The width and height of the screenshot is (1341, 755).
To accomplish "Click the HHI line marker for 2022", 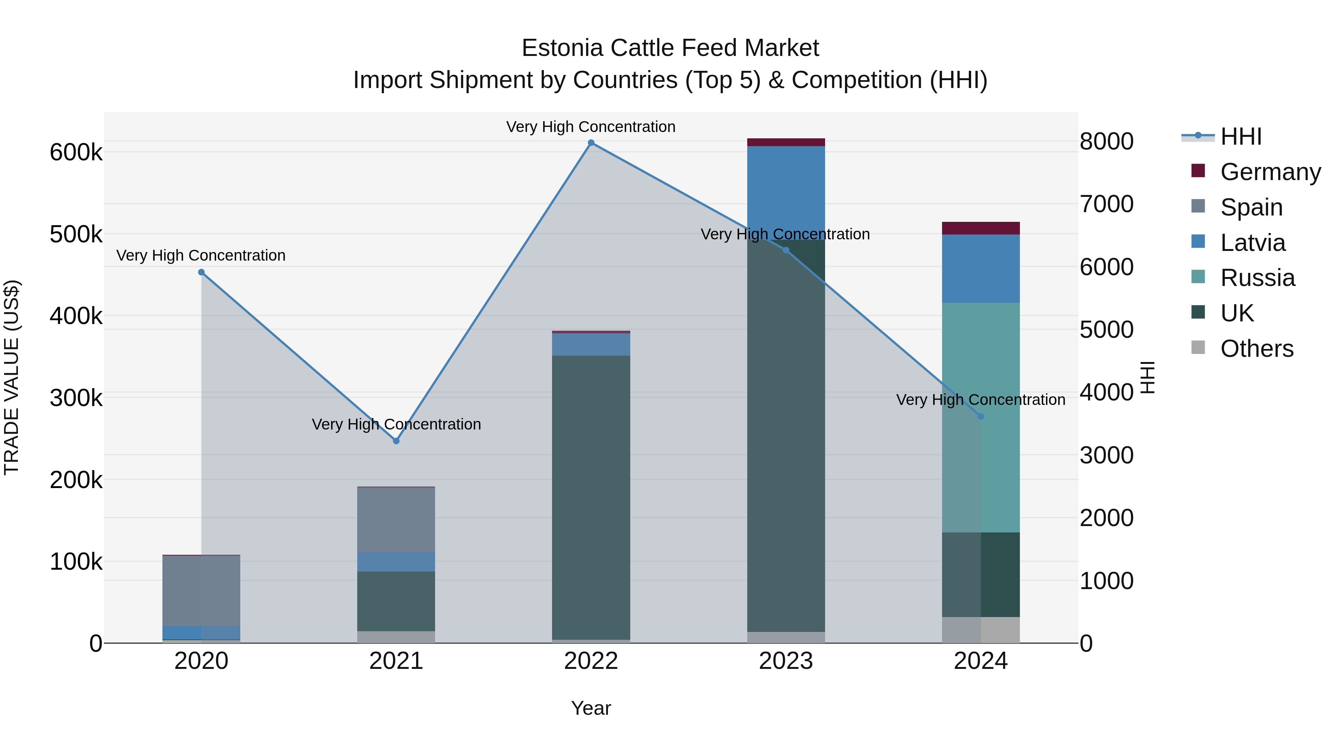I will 591,143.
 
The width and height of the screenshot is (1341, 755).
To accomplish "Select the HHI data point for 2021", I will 396,441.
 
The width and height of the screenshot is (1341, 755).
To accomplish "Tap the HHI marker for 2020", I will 202,272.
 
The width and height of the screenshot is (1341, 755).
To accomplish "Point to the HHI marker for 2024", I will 981,416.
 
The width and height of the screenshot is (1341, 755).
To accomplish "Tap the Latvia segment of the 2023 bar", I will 786,188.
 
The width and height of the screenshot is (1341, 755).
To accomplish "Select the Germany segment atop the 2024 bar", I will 981,228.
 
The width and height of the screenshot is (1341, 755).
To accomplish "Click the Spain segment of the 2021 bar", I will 396,519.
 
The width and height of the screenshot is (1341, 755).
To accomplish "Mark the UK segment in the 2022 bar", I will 591,495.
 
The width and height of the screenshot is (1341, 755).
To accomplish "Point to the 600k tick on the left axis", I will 76,152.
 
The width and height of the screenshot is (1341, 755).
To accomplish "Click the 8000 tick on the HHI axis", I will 1106,141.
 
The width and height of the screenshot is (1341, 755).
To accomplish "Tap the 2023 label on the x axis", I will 786,661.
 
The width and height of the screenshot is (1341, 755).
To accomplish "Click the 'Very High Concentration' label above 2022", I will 591,127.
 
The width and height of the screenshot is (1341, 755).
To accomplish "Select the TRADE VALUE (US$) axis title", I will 12,377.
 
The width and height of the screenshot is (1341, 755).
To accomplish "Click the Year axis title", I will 591,708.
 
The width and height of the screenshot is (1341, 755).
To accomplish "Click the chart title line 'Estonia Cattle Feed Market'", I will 670,48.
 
